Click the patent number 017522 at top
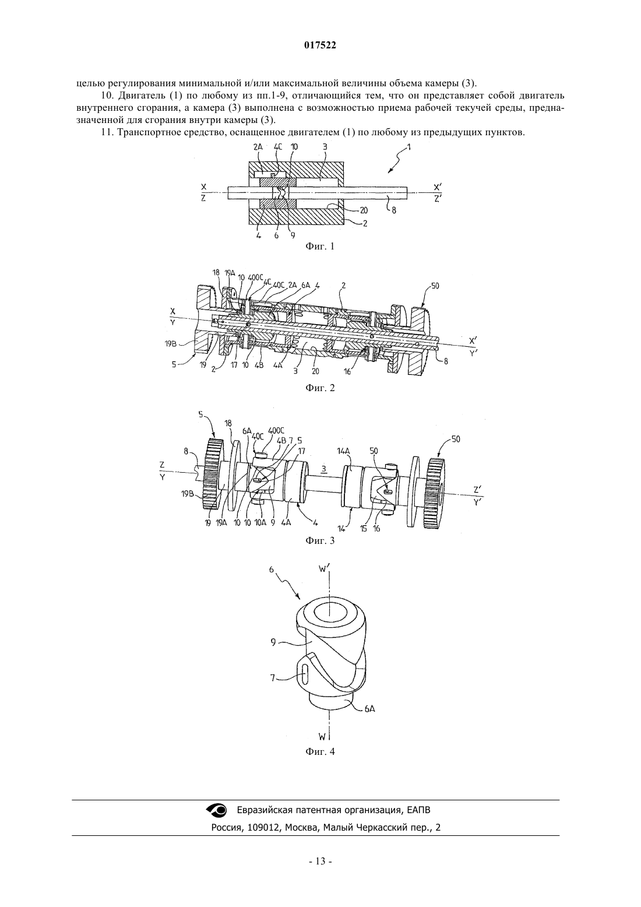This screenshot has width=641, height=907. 320,45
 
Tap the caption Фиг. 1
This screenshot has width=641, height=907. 320,246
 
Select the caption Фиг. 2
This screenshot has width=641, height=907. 320,388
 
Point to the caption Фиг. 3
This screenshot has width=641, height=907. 320,540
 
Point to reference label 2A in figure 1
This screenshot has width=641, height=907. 258,147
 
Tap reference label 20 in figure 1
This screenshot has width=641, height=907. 364,210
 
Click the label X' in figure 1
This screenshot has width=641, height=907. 438,187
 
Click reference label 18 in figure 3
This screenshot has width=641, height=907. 228,423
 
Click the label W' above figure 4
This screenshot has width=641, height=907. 323,569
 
